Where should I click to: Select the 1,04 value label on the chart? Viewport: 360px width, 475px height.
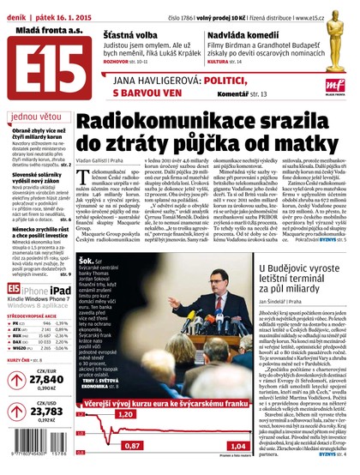pos(237,445)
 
